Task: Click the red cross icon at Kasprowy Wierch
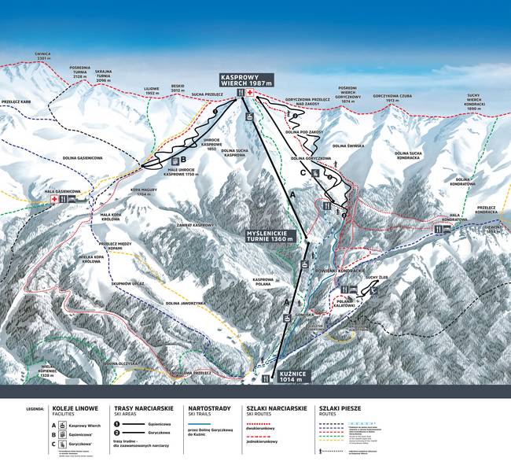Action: (x=251, y=94)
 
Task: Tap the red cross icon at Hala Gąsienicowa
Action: (x=53, y=200)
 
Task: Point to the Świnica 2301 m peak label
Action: (x=42, y=57)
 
